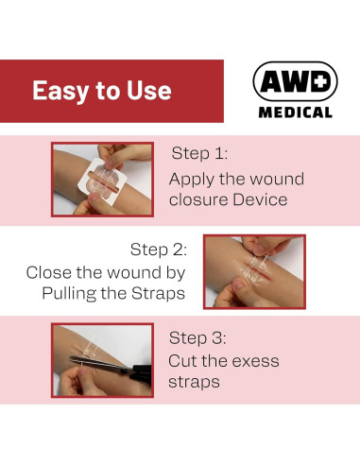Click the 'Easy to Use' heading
coord(102,91)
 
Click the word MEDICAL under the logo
coord(295,112)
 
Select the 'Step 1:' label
coord(200,153)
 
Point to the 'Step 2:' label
coord(159,250)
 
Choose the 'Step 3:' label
coord(198,337)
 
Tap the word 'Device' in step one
coord(257,199)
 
